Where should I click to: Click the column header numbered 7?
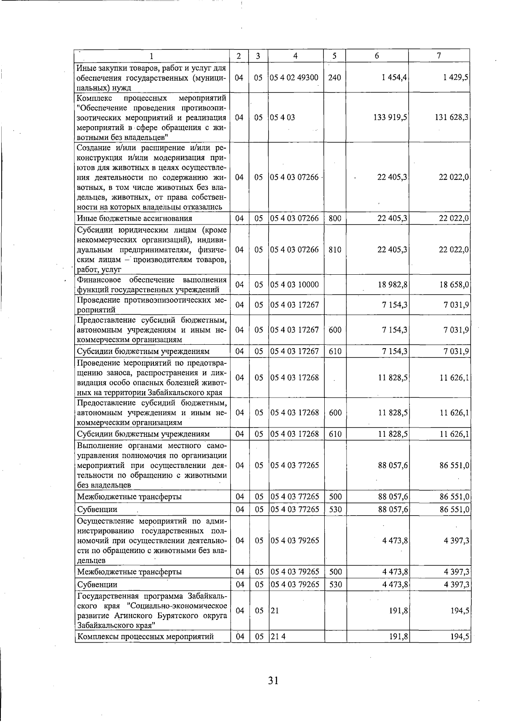pyautogui.click(x=439, y=55)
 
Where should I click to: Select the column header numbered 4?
pyautogui.click(x=296, y=56)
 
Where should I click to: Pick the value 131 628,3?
pyautogui.click(x=452, y=117)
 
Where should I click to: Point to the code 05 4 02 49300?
pyautogui.click(x=294, y=78)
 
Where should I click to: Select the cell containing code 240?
pyautogui.click(x=334, y=78)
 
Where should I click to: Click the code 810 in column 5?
pyautogui.click(x=335, y=249)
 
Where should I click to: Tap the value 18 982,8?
pyautogui.click(x=393, y=284)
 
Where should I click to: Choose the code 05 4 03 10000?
pyautogui.click(x=294, y=284)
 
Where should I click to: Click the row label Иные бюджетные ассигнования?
pyautogui.click(x=135, y=218)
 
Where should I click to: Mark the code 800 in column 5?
pyautogui.click(x=335, y=218)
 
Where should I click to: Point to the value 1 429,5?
pyautogui.click(x=456, y=78)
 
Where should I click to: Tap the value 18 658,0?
pyautogui.click(x=455, y=284)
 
